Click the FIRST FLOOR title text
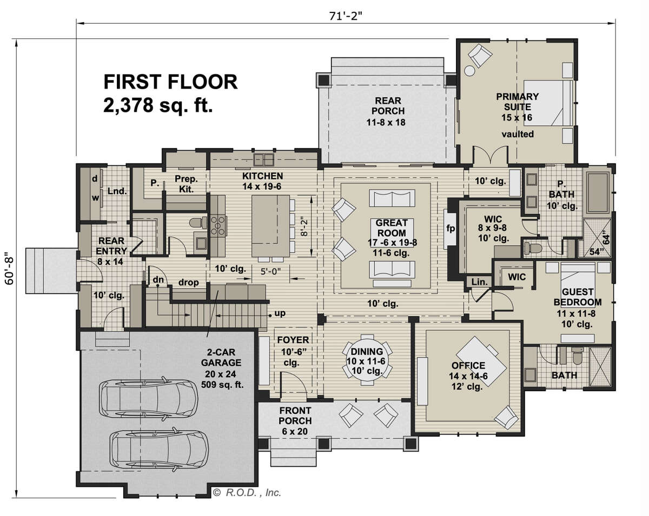171,82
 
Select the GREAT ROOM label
392,228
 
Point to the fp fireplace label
451,229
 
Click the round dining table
367,360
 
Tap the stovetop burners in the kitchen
218,225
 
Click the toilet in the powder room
198,223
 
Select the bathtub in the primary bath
598,192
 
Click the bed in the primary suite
548,103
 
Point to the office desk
481,361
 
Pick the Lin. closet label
480,282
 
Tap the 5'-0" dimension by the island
270,272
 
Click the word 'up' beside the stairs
280,313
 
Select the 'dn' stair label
158,279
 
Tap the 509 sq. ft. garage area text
222,385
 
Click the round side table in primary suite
470,71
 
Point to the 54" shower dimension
595,252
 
